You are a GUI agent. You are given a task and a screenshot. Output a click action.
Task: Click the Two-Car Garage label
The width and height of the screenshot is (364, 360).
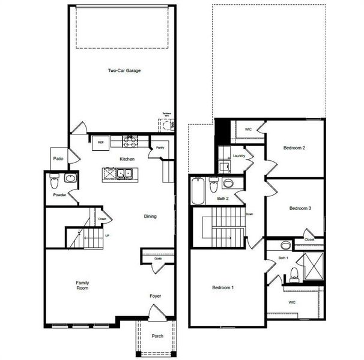pos(124,71)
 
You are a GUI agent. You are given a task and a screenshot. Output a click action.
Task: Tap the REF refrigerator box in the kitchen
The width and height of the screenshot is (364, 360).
pos(101,142)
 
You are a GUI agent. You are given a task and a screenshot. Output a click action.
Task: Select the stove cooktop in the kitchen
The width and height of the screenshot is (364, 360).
pos(130,141)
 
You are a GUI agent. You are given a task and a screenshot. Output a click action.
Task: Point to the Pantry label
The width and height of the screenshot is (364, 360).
pos(160,147)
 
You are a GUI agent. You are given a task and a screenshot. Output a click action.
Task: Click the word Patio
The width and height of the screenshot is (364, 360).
pos(58,159)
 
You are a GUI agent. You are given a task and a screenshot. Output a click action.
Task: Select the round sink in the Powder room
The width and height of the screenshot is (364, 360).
pos(70,178)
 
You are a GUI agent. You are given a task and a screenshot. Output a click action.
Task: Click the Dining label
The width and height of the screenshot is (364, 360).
pos(150,217)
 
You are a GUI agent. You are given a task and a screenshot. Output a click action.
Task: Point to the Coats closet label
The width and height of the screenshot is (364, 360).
pos(157,259)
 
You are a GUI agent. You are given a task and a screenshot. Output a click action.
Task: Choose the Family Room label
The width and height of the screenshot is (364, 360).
pos(82,286)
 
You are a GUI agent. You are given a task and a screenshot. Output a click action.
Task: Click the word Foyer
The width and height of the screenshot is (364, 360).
pos(156,296)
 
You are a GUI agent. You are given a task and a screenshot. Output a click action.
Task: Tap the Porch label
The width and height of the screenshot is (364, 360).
pos(157,336)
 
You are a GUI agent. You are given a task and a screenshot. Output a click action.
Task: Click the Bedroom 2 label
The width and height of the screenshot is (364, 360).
pos(295,148)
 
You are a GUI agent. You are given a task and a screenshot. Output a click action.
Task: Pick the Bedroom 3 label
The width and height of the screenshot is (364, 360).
pos(300,208)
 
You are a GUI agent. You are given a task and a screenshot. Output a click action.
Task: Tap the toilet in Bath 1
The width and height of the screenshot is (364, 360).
pos(294,275)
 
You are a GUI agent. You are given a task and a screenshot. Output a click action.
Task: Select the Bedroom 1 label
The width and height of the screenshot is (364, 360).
pos(223,288)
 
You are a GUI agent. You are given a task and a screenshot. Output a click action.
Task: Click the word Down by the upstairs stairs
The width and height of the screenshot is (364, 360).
pos(249,214)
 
